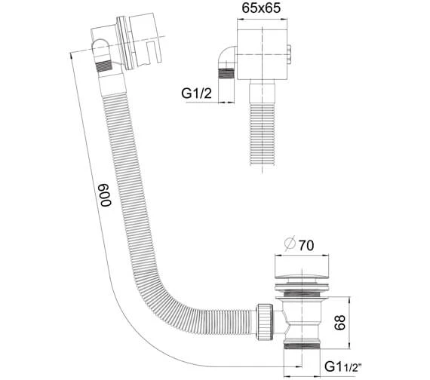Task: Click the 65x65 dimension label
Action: click(x=261, y=8)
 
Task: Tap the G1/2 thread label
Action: click(x=196, y=93)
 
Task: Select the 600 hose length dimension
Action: click(x=106, y=195)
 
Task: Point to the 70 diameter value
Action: click(x=306, y=245)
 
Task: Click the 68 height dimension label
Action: click(x=339, y=323)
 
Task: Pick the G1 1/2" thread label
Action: click(x=342, y=366)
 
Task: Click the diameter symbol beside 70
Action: click(x=290, y=244)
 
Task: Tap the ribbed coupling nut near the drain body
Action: click(x=266, y=321)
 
